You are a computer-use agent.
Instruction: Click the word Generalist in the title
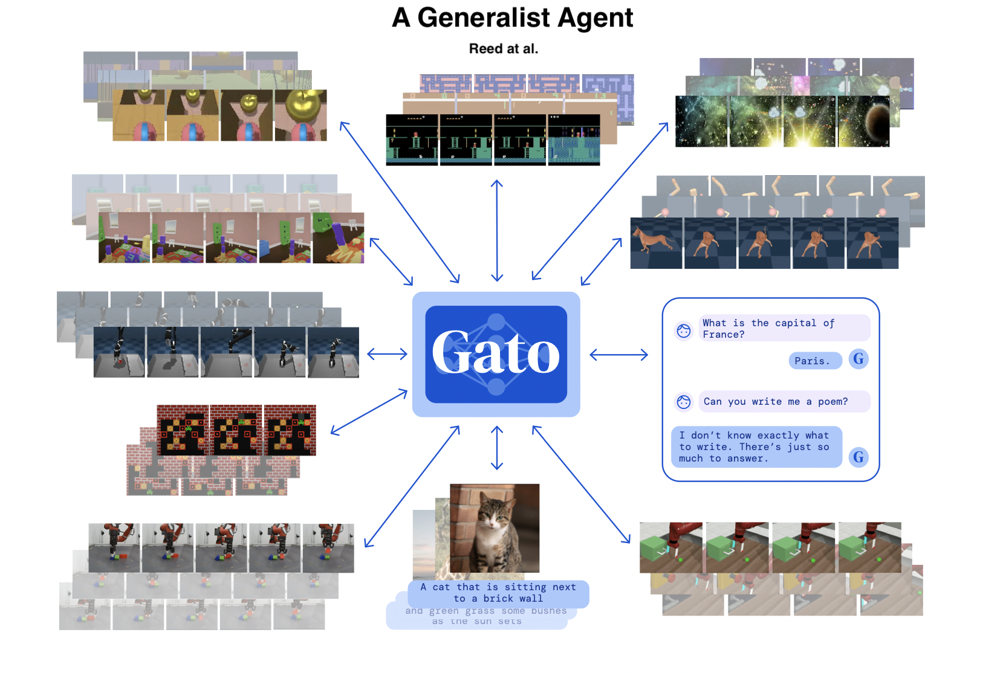click(484, 18)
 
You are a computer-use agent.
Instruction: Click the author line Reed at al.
click(503, 49)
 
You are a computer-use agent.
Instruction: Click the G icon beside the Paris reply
click(858, 359)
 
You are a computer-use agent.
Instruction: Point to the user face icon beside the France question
click(684, 330)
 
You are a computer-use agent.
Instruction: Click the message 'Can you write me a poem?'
click(776, 402)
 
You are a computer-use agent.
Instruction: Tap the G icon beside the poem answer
click(858, 457)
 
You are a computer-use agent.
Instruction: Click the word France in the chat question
click(723, 335)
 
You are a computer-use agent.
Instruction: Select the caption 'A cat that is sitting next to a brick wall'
click(498, 593)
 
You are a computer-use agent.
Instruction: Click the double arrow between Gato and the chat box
click(618, 355)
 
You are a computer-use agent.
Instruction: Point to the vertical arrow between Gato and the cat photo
click(497, 448)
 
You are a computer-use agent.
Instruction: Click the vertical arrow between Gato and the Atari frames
click(497, 231)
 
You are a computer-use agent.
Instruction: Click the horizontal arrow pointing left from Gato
click(387, 354)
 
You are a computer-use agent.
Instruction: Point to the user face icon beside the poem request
click(684, 402)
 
